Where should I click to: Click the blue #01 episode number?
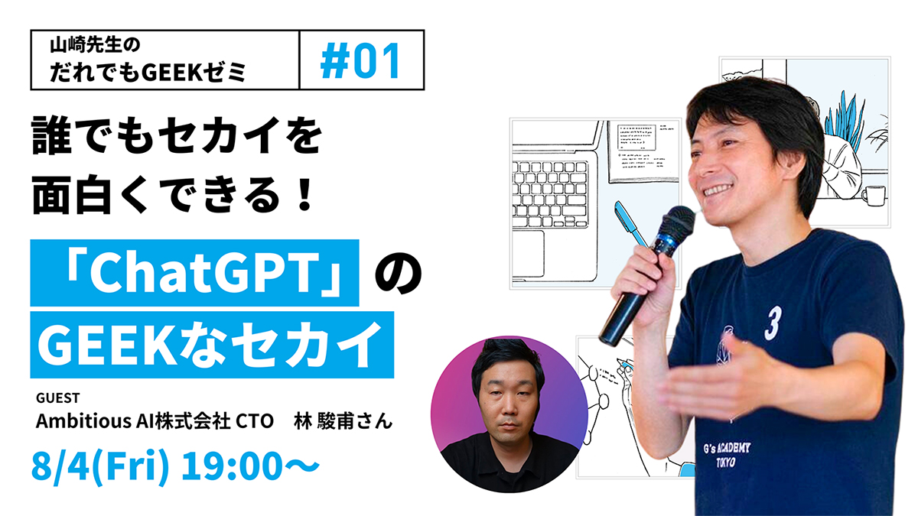pos(360,60)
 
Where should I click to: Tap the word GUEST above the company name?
pos(58,398)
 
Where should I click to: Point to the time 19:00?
pos(232,466)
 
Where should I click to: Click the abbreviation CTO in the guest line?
pos(254,421)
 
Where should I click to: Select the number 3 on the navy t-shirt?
pos(773,323)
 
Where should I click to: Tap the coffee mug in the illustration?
pos(873,196)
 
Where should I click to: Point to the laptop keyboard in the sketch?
pos(550,194)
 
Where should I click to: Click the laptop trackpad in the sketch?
pos(529,254)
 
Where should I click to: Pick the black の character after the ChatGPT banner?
pos(398,273)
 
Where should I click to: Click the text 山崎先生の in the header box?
pos(95,45)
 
